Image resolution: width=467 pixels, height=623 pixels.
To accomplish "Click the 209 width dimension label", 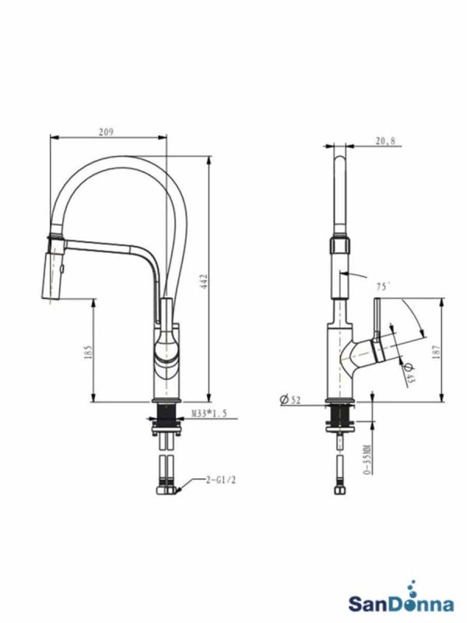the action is point(106,132).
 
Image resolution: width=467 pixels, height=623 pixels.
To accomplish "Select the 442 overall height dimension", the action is point(204,281).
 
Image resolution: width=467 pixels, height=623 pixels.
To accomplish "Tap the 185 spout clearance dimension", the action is point(88,352).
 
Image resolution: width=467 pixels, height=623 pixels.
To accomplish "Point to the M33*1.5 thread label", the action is point(209,414).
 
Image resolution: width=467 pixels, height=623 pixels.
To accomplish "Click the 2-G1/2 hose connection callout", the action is point(221,480).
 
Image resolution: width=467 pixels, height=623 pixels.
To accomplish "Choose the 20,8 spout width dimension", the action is point(385,141).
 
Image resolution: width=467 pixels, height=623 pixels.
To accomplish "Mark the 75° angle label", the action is point(383,287).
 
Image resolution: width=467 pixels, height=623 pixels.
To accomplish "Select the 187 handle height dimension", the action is point(437,352).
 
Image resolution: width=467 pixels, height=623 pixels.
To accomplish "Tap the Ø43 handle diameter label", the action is point(409,374).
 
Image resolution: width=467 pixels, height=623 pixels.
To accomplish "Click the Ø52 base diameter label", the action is point(290,399).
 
